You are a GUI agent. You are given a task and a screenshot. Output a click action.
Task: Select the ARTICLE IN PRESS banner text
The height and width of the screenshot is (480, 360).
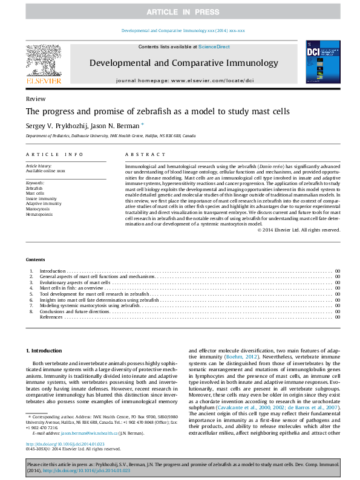click(180, 12)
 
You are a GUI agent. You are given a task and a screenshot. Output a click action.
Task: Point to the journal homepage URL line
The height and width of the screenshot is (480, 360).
click(185, 80)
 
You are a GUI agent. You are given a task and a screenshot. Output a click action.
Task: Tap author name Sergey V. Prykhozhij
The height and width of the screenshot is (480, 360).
click(55, 125)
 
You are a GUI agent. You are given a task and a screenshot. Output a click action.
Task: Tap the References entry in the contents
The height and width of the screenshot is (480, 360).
click(51, 317)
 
